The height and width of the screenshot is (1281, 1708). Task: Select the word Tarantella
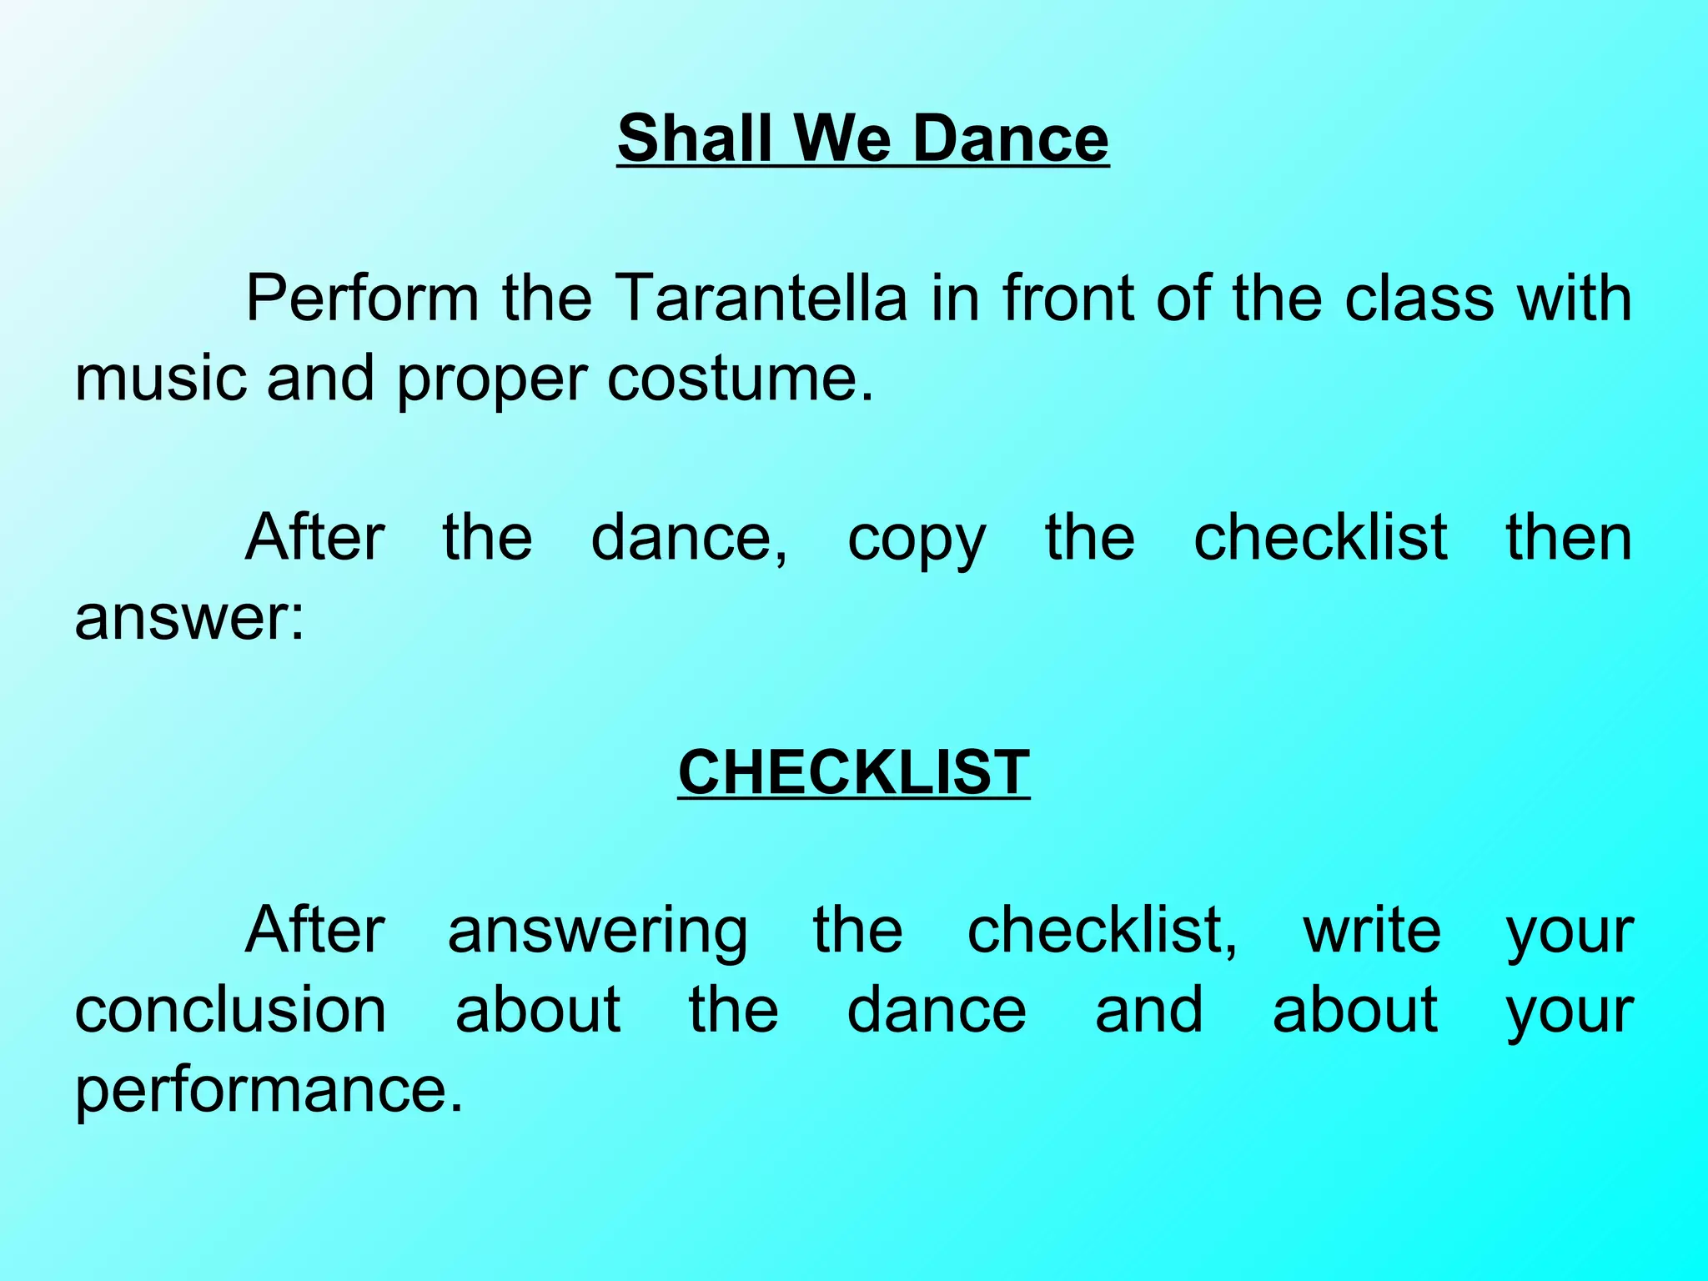click(x=760, y=298)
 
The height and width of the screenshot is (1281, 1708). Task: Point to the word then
click(x=1569, y=537)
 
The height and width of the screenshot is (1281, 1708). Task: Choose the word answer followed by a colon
click(x=189, y=618)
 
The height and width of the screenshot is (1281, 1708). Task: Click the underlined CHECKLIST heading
click(x=853, y=772)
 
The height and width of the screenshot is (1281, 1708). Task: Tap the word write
click(x=1372, y=929)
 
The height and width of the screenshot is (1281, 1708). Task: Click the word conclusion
click(x=230, y=1009)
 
